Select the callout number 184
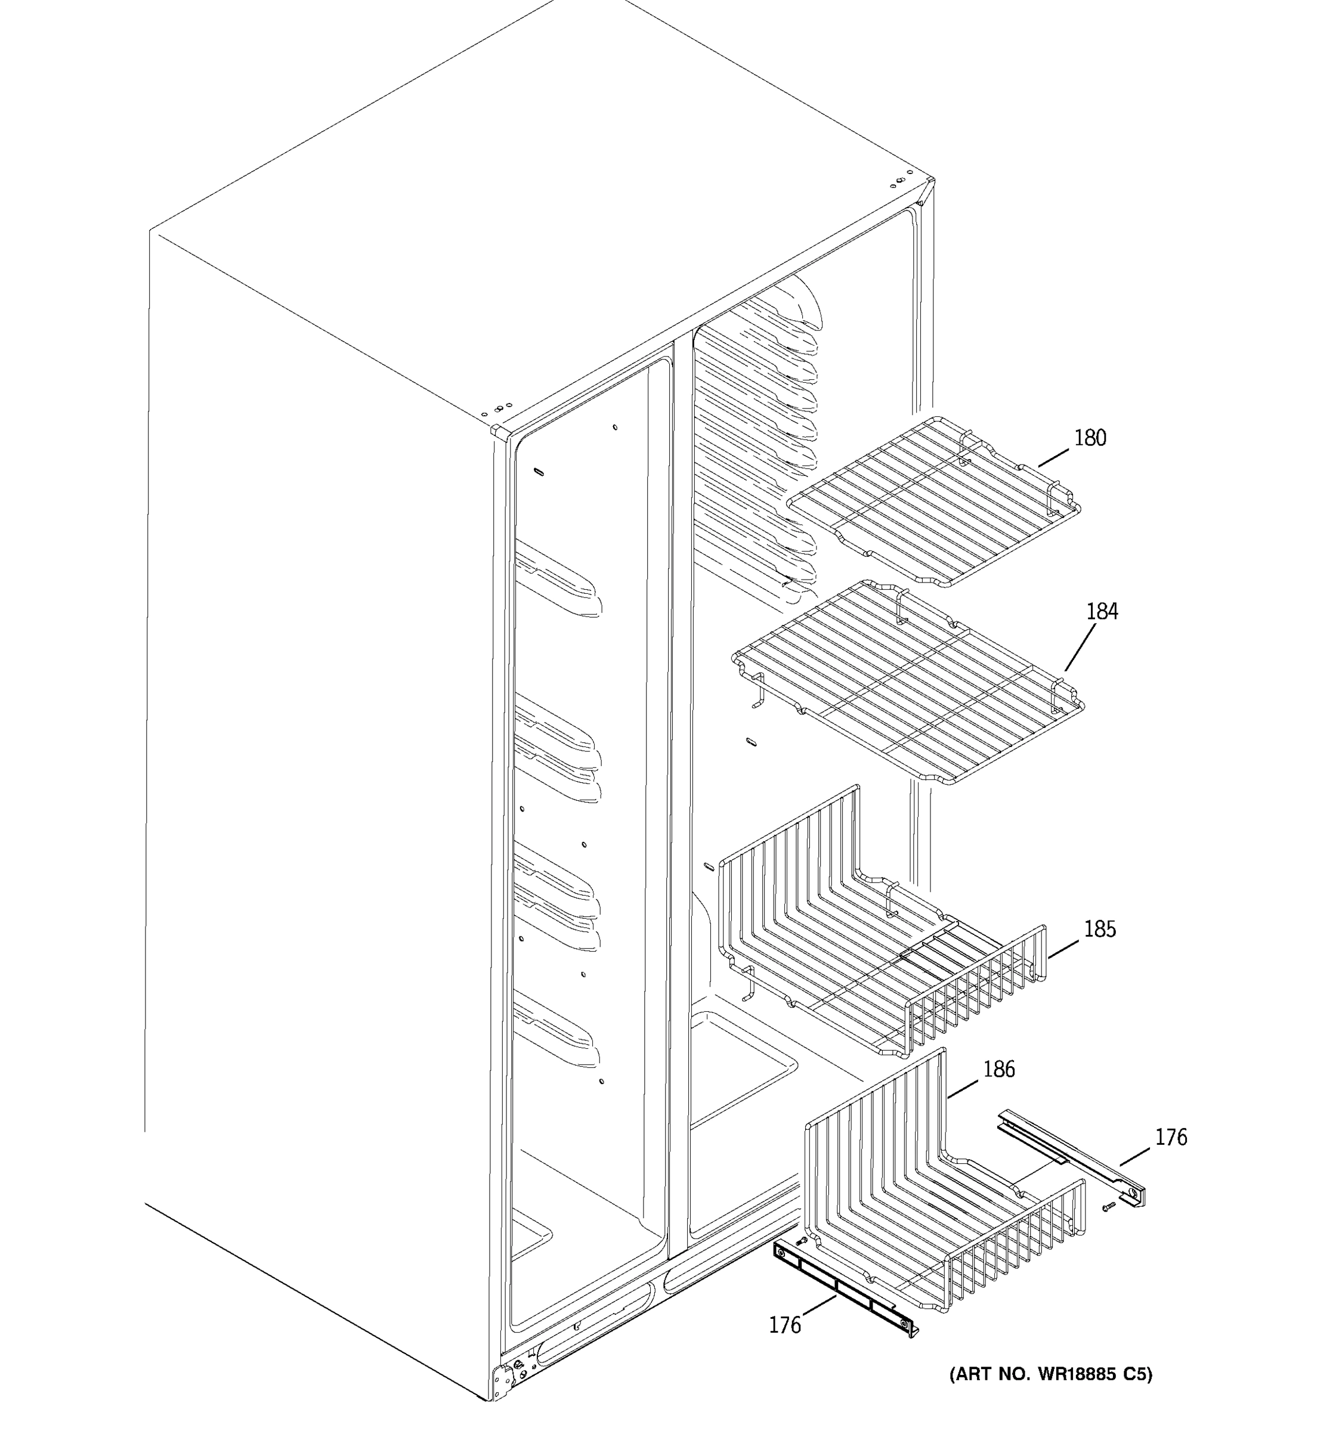1102,611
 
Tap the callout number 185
1099,930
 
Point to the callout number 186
999,1069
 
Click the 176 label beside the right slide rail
1171,1137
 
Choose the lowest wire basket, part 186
943,1209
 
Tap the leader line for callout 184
1080,647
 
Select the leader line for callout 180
1053,457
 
